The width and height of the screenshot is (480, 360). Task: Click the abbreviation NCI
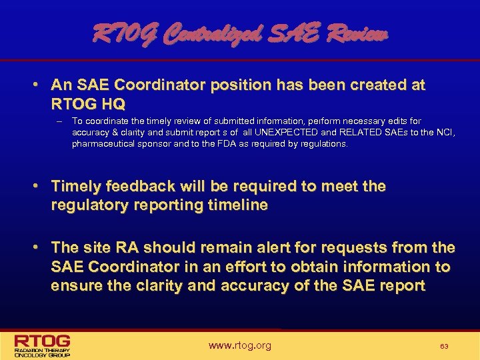click(x=442, y=132)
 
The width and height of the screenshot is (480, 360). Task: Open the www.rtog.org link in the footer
click(x=239, y=345)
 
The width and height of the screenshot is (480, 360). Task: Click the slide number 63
click(x=443, y=346)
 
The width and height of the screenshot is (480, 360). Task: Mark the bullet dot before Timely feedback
click(x=40, y=186)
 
